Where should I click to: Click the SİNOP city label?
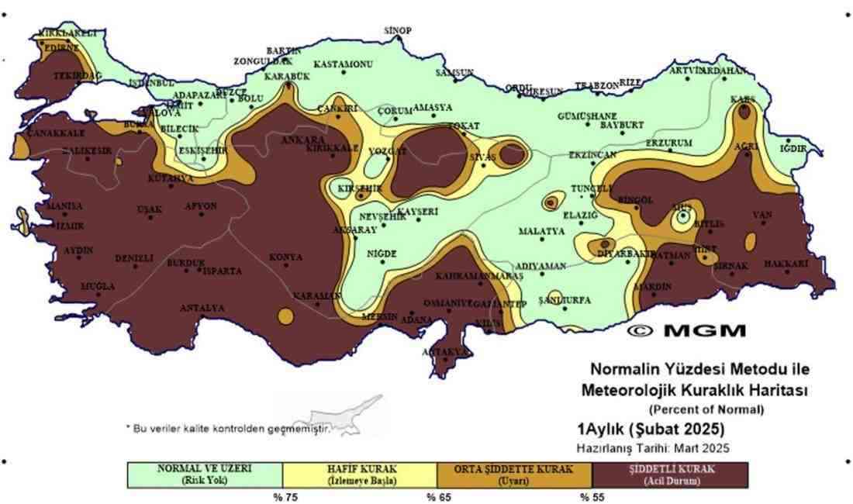[398, 31]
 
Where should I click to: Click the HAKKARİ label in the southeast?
[786, 264]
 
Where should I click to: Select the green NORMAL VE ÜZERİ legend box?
[205, 475]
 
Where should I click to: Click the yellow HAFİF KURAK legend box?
[360, 475]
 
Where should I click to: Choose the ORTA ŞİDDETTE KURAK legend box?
[515, 475]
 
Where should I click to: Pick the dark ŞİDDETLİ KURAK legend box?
[670, 475]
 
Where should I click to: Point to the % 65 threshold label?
[437, 497]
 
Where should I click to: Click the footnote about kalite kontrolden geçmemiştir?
[228, 428]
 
